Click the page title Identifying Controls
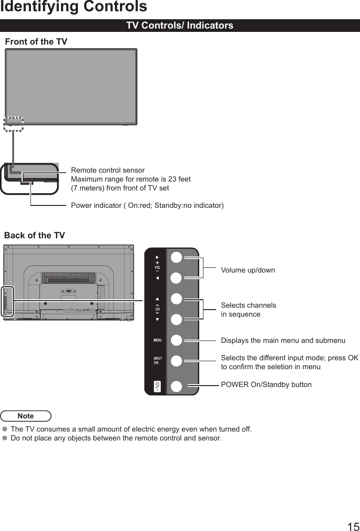tap(74, 7)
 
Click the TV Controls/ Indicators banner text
tap(180, 26)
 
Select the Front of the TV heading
tap(36, 42)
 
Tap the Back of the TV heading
tap(35, 235)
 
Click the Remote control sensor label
tap(108, 170)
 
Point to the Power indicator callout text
tap(147, 205)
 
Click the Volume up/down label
tap(248, 270)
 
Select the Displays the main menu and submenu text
tap(283, 340)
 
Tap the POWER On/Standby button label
tap(266, 385)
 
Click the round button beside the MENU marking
tap(176, 340)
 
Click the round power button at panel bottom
tap(176, 387)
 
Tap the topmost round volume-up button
tap(176, 258)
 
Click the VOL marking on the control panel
tap(157, 267)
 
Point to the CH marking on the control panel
tap(157, 310)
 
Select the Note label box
tap(26, 416)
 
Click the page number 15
tap(353, 526)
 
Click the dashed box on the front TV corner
tap(13, 124)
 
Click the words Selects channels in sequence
tap(248, 310)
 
